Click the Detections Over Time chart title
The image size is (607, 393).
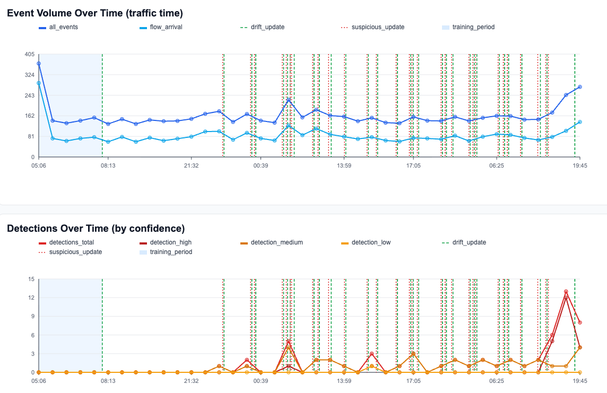[96, 229]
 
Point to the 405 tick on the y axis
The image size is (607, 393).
[29, 54]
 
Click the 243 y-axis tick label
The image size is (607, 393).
[29, 95]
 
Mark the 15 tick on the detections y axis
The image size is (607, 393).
[31, 279]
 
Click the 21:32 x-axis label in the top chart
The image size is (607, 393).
[192, 165]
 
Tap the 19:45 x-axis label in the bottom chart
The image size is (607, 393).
[580, 381]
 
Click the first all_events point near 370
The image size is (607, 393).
[39, 64]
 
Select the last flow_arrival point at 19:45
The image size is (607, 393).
[580, 122]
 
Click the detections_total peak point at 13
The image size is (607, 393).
[566, 292]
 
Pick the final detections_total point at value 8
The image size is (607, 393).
[580, 322]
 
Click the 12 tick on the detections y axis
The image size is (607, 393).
[31, 298]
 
